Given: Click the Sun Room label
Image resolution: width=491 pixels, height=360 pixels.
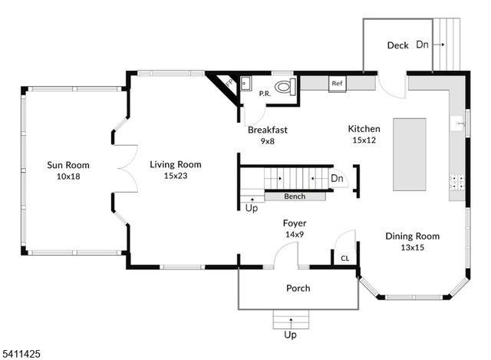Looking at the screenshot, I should (x=68, y=165).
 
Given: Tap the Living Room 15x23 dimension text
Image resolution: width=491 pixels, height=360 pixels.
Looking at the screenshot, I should (x=175, y=176).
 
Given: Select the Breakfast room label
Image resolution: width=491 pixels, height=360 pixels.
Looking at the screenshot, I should (x=267, y=130).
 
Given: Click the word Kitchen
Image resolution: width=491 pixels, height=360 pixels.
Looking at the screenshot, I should (x=364, y=129).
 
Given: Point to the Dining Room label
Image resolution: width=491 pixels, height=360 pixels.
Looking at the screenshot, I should (x=412, y=236).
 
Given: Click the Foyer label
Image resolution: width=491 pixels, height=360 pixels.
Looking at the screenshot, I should (x=295, y=223).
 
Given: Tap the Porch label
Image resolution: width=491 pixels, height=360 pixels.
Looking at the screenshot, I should (x=298, y=289).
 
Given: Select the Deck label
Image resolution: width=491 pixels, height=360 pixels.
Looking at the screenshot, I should (x=397, y=45).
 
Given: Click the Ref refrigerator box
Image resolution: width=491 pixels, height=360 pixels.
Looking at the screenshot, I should (x=337, y=82).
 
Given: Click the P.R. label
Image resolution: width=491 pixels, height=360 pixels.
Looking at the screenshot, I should (x=264, y=94).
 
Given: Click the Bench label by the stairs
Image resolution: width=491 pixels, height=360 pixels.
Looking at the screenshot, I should (x=295, y=197).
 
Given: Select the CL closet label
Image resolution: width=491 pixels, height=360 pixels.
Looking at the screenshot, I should (x=344, y=259).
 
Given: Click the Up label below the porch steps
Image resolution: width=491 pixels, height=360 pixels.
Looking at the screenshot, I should (x=291, y=335).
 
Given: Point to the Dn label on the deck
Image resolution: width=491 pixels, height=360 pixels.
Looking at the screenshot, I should (x=422, y=45).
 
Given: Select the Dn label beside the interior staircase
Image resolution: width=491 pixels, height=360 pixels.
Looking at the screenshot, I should (x=337, y=179).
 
